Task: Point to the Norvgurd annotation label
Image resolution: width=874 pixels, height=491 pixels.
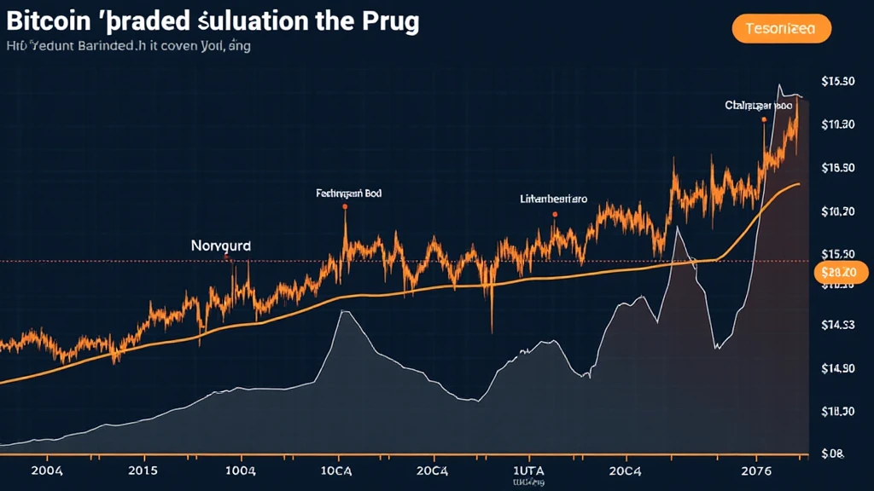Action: (x=222, y=244)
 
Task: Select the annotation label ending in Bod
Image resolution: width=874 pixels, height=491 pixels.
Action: (x=348, y=194)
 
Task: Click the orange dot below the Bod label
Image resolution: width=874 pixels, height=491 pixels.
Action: (x=345, y=206)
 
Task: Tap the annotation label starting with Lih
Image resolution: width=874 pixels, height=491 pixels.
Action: (x=554, y=199)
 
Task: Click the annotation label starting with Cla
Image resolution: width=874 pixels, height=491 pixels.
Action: (x=759, y=106)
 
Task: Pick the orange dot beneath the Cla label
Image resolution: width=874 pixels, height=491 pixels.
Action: (x=763, y=120)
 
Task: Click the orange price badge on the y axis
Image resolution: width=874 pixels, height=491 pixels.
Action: (x=841, y=272)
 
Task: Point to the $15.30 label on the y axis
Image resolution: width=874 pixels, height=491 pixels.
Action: (x=837, y=82)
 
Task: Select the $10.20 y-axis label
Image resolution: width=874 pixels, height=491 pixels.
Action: (x=837, y=211)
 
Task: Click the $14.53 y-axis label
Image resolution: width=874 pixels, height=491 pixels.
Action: (x=837, y=325)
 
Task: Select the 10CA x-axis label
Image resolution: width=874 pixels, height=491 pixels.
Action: (x=336, y=471)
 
